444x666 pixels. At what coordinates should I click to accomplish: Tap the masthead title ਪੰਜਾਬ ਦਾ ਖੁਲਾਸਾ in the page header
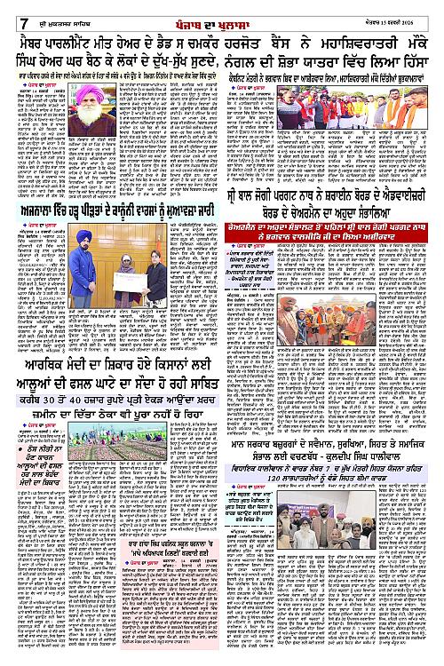click(x=222, y=12)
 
